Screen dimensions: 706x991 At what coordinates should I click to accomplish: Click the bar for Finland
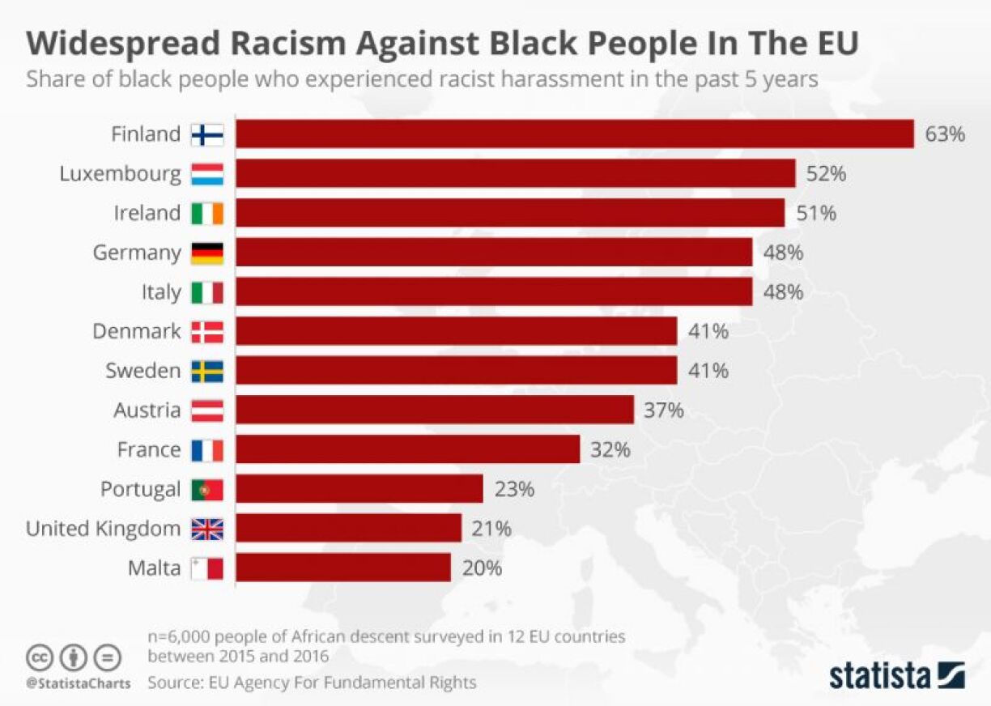click(575, 134)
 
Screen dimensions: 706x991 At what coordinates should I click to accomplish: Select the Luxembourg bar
click(516, 173)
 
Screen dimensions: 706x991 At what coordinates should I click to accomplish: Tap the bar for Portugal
click(359, 489)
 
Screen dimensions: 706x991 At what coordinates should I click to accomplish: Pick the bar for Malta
click(343, 568)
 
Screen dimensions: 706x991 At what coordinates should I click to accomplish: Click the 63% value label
click(945, 134)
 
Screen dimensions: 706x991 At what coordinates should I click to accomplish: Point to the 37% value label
click(664, 410)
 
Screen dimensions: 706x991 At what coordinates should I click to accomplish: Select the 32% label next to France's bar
click(610, 450)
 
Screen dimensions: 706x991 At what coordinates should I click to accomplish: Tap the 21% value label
click(491, 529)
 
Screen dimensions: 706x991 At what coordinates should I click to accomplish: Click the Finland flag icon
click(206, 134)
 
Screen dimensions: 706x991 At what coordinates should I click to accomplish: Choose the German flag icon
click(206, 253)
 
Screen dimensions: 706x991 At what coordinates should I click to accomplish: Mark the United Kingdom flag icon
click(206, 529)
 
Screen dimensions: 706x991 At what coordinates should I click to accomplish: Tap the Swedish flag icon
click(206, 372)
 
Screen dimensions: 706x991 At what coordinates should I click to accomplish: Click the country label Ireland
click(147, 213)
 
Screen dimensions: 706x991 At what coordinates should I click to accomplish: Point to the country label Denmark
click(137, 332)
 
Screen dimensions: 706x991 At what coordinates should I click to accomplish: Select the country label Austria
click(147, 410)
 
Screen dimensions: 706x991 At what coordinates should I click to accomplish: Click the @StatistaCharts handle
click(78, 683)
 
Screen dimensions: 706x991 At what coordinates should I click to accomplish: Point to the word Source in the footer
click(174, 683)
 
